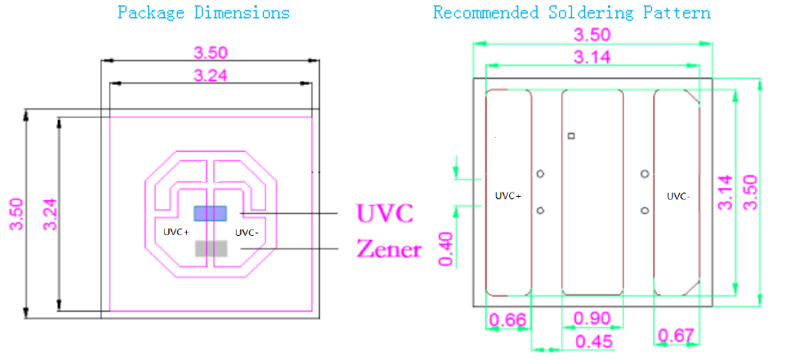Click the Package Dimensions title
(x=203, y=13)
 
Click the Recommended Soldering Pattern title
(x=571, y=13)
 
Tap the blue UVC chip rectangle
(x=209, y=213)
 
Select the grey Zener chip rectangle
(x=209, y=249)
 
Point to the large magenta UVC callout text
(x=385, y=214)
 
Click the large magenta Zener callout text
(x=389, y=249)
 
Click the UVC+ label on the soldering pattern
(x=508, y=196)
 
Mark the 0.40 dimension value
(x=447, y=248)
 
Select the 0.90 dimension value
(x=593, y=318)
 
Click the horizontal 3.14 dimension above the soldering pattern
(x=593, y=56)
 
